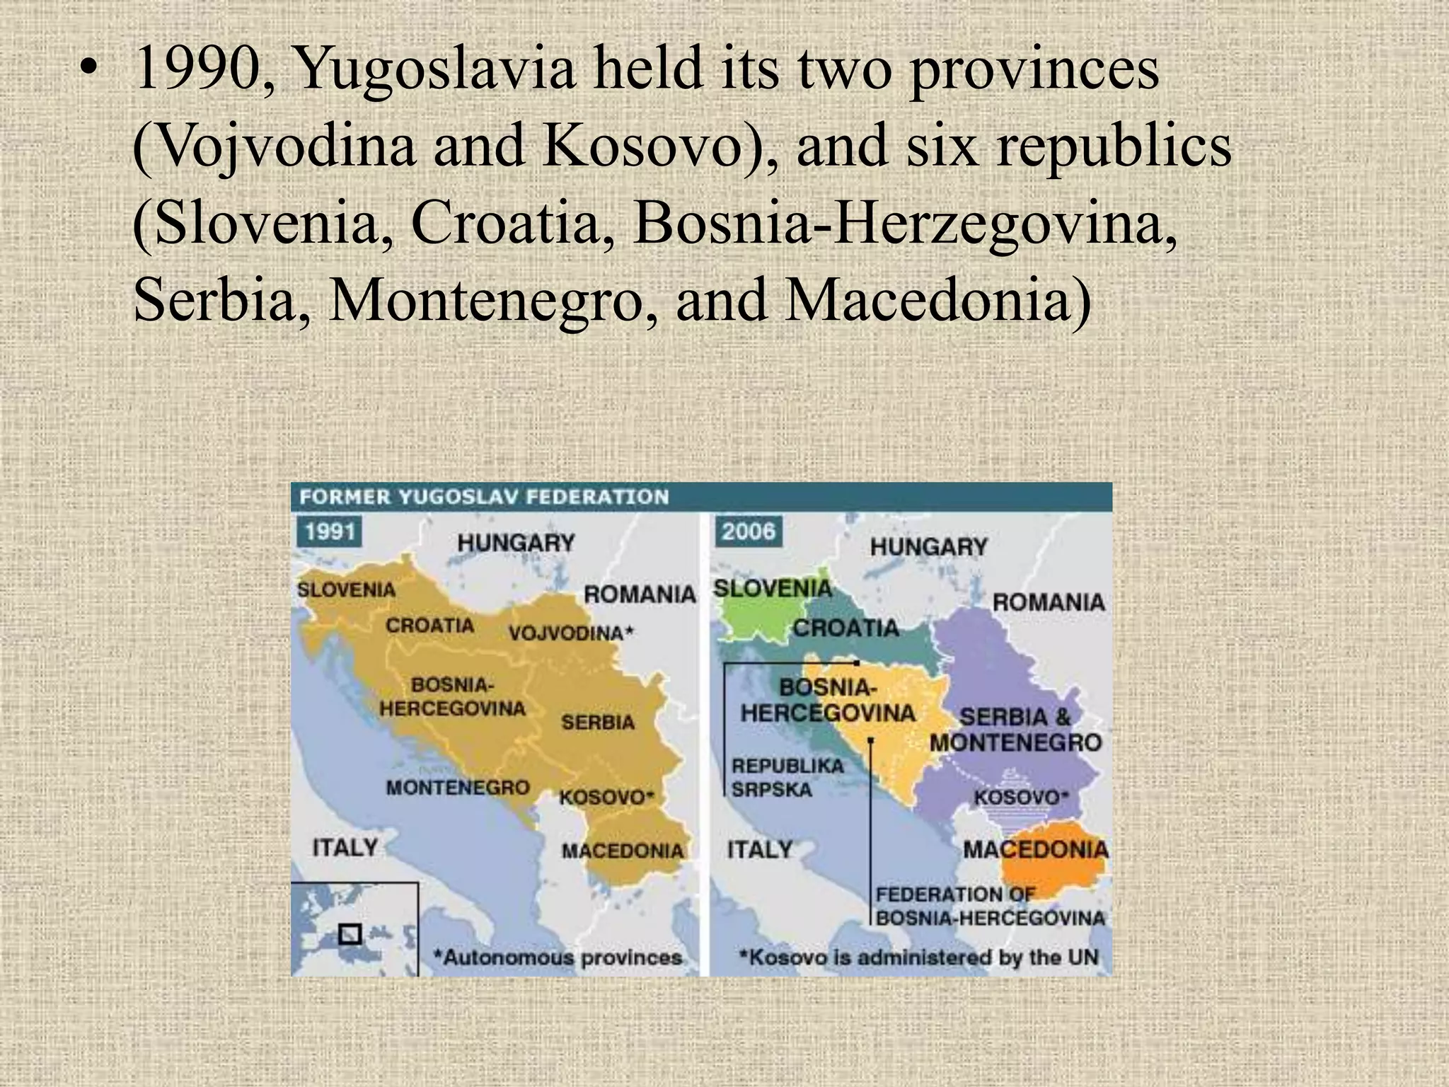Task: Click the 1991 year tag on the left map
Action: (x=330, y=531)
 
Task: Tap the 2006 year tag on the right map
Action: (x=748, y=531)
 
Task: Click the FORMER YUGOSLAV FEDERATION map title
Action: (x=484, y=497)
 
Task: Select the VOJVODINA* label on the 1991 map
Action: (x=571, y=633)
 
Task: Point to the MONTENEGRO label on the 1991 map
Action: (x=457, y=788)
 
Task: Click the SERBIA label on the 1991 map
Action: (x=598, y=723)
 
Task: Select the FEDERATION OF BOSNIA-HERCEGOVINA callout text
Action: (x=989, y=907)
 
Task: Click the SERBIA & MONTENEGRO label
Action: (x=1015, y=730)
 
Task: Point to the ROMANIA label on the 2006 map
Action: (x=1048, y=603)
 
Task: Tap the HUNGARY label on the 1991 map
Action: (x=515, y=543)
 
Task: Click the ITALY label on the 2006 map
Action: (x=759, y=849)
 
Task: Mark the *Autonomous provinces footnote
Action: (x=558, y=958)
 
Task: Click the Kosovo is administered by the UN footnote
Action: (x=918, y=958)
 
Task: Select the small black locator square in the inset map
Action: (x=350, y=935)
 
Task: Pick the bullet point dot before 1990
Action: (x=87, y=71)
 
